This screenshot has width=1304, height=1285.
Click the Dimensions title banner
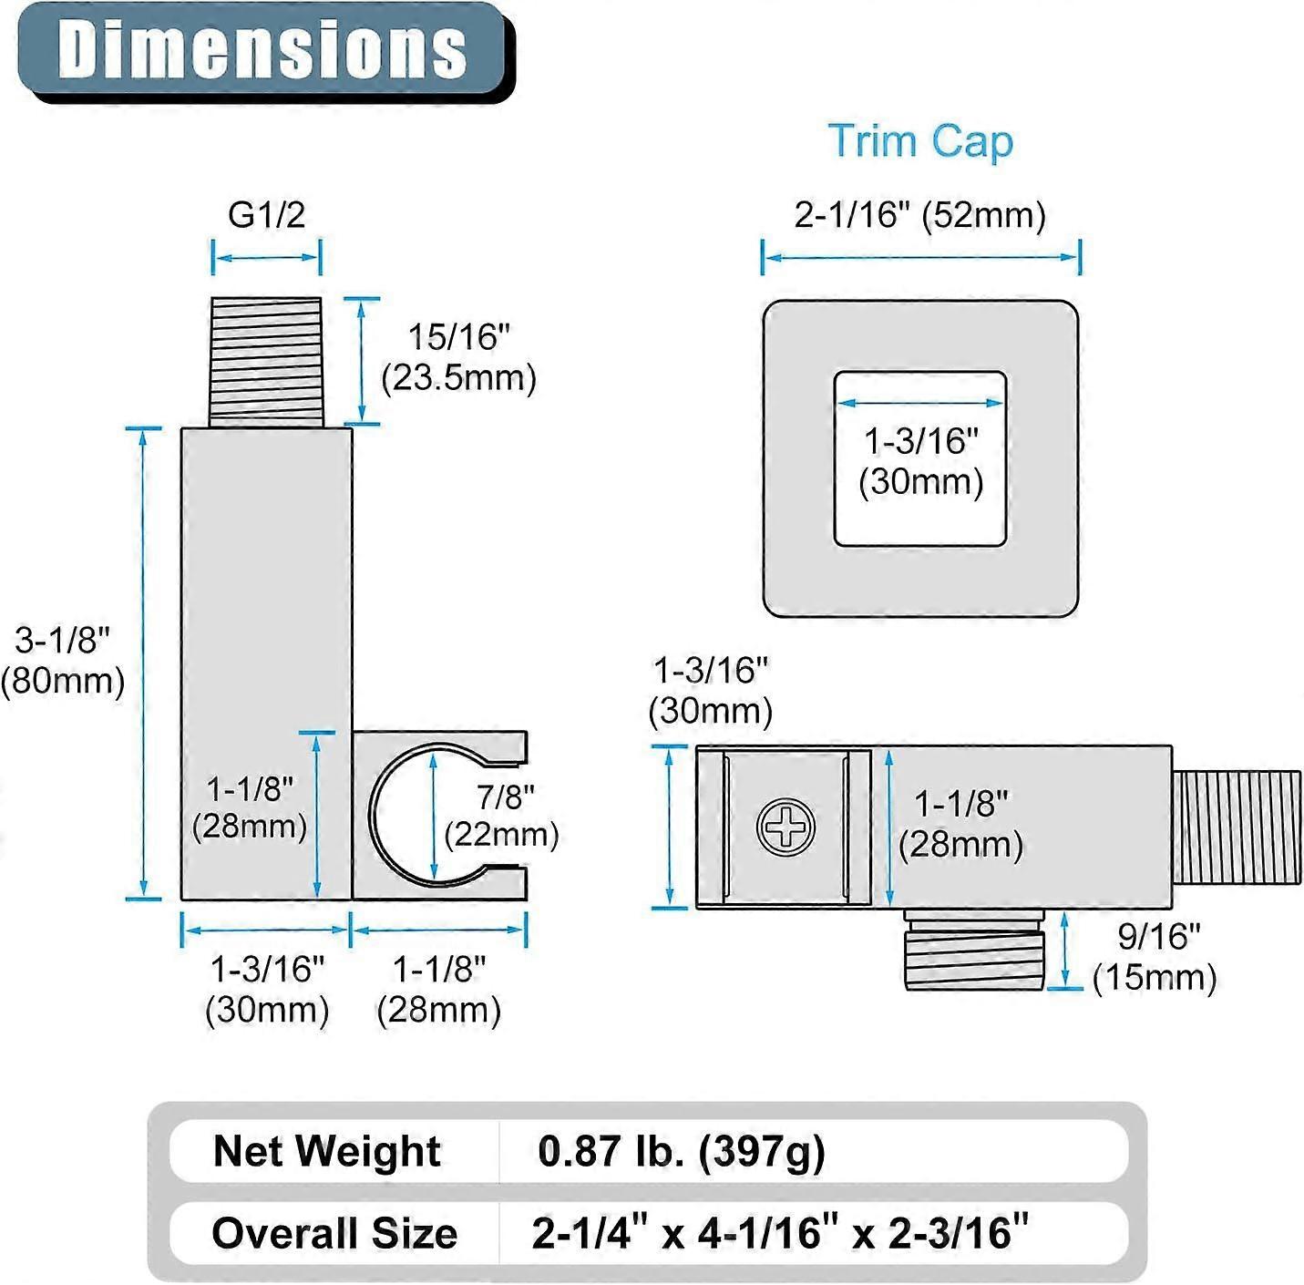click(x=265, y=53)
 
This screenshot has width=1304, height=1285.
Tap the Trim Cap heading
click(x=920, y=141)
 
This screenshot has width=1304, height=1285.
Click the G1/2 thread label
click(x=267, y=215)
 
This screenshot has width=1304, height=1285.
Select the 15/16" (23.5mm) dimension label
click(x=458, y=357)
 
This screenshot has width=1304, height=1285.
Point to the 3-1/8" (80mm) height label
click(x=63, y=660)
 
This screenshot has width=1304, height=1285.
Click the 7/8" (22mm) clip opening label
click(x=501, y=815)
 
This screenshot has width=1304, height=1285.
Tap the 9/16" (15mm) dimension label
click(x=1155, y=957)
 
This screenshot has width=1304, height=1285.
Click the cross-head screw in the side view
click(x=785, y=827)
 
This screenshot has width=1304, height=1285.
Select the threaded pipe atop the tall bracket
click(x=266, y=362)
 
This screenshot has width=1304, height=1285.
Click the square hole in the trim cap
click(x=920, y=458)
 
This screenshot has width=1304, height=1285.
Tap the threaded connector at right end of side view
click(x=1237, y=827)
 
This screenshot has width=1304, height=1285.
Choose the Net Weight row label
click(x=327, y=1151)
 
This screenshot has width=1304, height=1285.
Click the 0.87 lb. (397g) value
click(x=682, y=1152)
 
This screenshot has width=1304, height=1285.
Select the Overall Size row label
click(x=334, y=1233)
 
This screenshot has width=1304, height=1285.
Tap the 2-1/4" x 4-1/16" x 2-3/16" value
click(x=780, y=1231)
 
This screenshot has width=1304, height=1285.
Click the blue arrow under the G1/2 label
click(x=266, y=257)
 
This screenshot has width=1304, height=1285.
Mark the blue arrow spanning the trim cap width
click(x=921, y=257)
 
